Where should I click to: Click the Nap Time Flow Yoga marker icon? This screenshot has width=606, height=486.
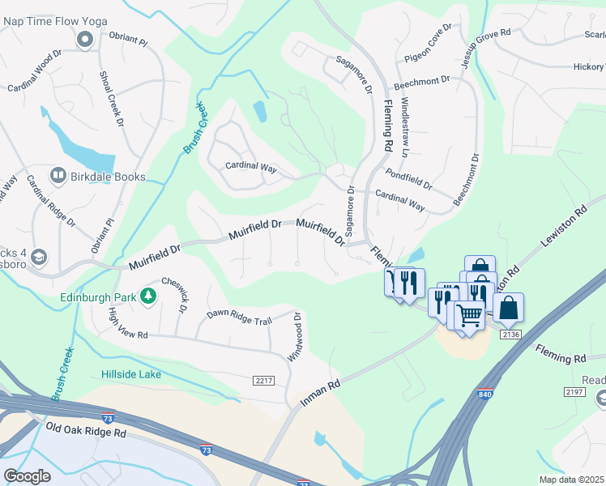tap(84, 39)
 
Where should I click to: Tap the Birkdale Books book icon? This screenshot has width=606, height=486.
tap(58, 176)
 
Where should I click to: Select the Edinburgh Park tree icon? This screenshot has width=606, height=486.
tap(148, 296)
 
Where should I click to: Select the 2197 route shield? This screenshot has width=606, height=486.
tap(575, 391)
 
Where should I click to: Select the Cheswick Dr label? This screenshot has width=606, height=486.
tap(181, 296)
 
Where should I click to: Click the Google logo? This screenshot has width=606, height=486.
tap(27, 476)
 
